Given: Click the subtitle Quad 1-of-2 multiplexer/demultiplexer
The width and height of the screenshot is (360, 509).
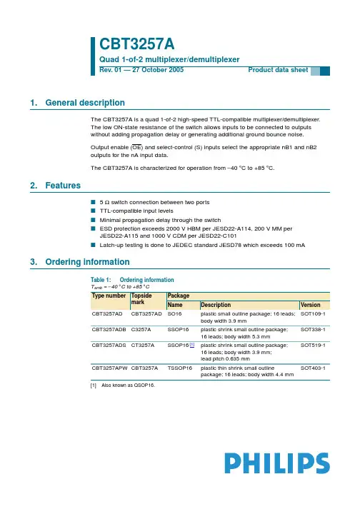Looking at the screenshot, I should coord(168,59).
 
